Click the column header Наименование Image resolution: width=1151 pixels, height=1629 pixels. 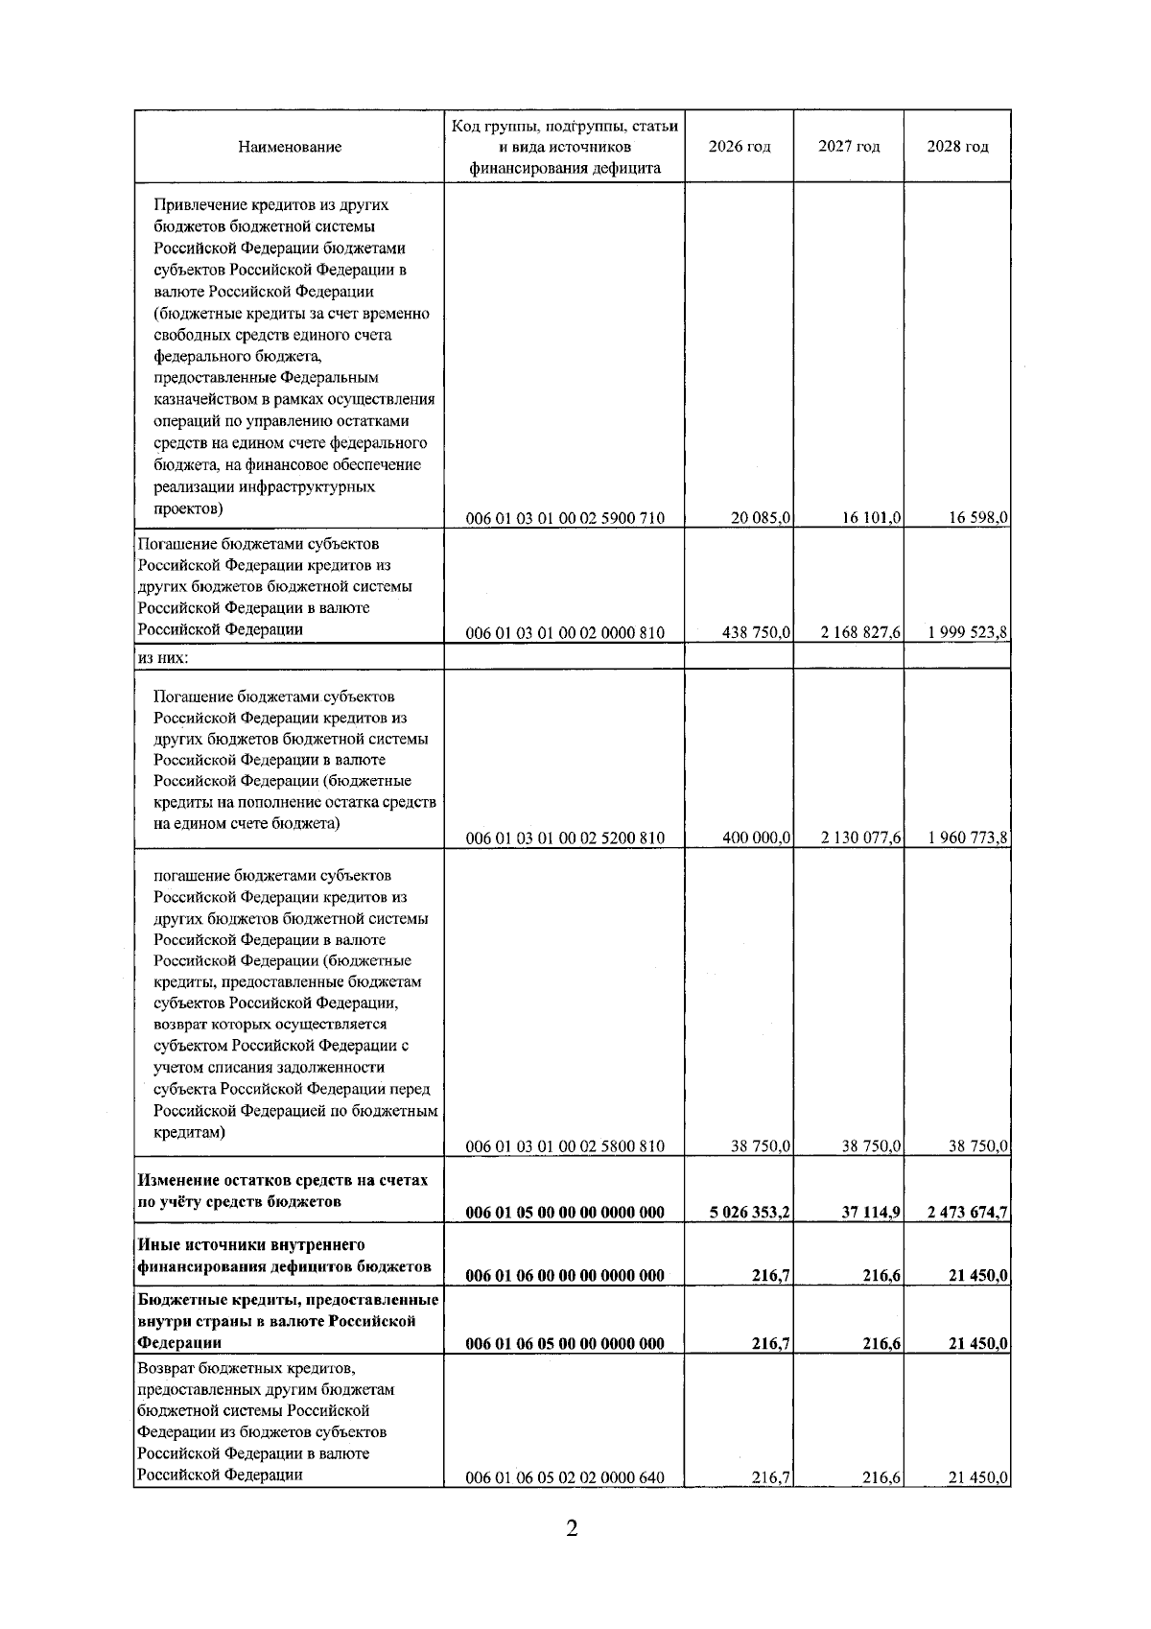290,147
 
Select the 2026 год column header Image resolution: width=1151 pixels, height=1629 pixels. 739,147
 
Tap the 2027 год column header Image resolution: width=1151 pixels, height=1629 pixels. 849,147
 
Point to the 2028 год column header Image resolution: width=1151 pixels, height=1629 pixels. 957,147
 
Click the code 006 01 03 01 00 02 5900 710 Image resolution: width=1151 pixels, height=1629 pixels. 565,519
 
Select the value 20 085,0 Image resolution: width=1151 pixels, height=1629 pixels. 761,518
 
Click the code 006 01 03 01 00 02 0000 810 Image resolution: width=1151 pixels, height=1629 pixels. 565,633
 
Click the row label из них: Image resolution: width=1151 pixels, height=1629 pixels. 163,658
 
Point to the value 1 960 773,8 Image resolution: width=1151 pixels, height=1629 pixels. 968,838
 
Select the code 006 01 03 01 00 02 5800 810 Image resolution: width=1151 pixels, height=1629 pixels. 565,1146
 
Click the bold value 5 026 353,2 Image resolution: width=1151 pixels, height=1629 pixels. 750,1213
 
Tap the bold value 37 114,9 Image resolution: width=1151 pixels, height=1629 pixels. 871,1213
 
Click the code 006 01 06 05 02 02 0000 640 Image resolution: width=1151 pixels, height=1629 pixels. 565,1505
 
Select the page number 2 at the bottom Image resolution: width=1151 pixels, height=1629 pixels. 572,1555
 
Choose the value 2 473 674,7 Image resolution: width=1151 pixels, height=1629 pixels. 968,1213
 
